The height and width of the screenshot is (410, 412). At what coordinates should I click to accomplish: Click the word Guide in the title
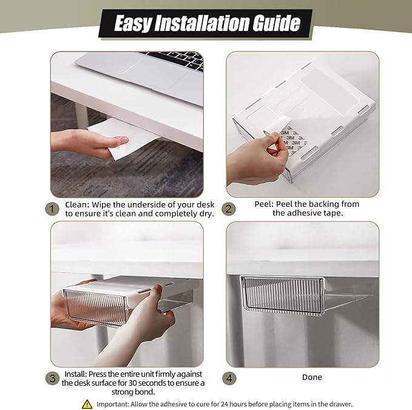coord(277,23)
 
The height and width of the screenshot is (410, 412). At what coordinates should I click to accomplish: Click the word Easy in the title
coord(133,24)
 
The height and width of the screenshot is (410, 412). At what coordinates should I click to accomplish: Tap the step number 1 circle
coord(52,209)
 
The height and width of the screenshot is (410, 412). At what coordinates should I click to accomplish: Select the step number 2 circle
coord(228,209)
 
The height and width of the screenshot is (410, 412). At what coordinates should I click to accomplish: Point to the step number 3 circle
coord(52,378)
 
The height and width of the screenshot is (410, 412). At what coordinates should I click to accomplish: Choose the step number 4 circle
coord(229,378)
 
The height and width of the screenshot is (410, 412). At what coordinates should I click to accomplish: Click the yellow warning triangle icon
coord(87,404)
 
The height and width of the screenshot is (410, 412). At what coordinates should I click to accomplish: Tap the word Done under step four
coord(312,377)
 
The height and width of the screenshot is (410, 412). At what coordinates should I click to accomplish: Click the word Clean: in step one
coord(77,204)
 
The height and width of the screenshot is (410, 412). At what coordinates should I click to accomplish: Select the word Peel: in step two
coord(264,204)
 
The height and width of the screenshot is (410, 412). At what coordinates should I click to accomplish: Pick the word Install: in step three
coord(75,374)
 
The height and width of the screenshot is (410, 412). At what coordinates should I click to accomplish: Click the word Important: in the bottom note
coord(113,404)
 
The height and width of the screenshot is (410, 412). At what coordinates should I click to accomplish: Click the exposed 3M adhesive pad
coord(292,139)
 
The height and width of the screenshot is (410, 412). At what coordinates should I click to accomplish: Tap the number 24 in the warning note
coord(225,404)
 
